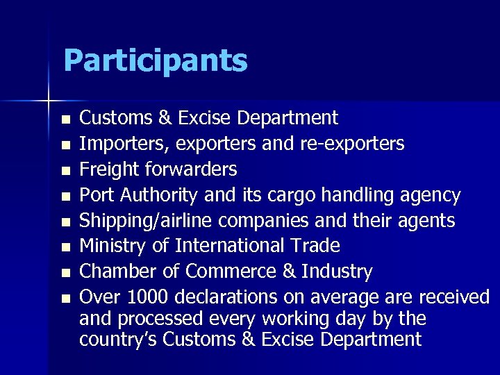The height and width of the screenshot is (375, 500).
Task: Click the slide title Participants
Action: click(x=155, y=60)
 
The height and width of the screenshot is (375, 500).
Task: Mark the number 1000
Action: click(x=148, y=297)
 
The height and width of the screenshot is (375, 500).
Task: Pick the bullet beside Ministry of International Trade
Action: click(x=65, y=247)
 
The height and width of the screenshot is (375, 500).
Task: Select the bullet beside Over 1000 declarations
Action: click(x=65, y=299)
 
